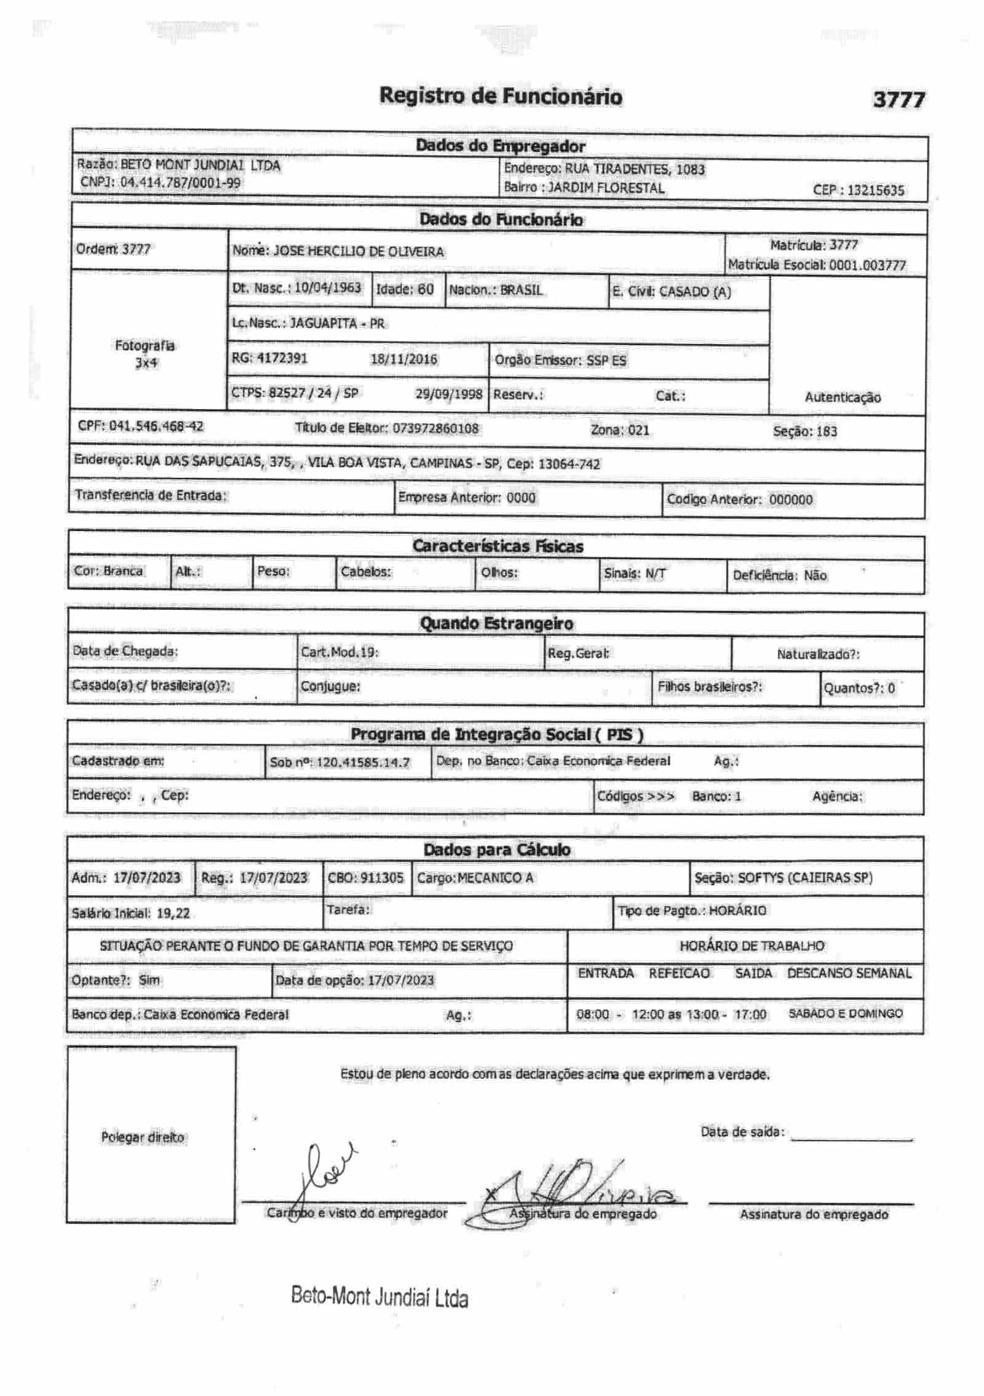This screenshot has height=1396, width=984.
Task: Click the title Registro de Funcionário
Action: (501, 96)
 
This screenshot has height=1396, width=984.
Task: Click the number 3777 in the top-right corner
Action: (899, 100)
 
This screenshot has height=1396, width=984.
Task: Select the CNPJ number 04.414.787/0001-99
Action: (180, 183)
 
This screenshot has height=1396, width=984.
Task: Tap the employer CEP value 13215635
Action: (875, 190)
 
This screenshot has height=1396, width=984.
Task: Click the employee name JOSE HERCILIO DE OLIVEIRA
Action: (358, 252)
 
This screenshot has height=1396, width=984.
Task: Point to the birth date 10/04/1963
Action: (327, 288)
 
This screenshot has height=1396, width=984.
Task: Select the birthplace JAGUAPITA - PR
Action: (337, 324)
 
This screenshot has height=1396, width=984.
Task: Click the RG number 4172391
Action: (282, 358)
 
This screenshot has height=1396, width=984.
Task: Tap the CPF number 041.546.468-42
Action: (156, 426)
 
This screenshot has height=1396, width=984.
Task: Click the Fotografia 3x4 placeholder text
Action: (145, 354)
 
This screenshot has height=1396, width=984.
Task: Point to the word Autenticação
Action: (843, 397)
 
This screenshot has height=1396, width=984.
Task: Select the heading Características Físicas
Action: (498, 546)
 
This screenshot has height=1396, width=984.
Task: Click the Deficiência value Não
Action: (815, 576)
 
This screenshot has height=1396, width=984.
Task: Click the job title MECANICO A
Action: (495, 878)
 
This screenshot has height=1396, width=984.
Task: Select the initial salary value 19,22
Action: (173, 913)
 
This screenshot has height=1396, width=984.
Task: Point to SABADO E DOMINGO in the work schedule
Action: (846, 1013)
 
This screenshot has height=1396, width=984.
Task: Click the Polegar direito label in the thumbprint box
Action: (143, 1138)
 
